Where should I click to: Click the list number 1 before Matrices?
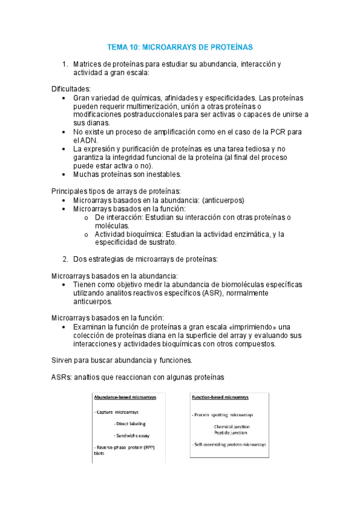65,64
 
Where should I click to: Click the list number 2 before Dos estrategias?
65,259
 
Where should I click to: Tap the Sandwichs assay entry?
132,435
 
